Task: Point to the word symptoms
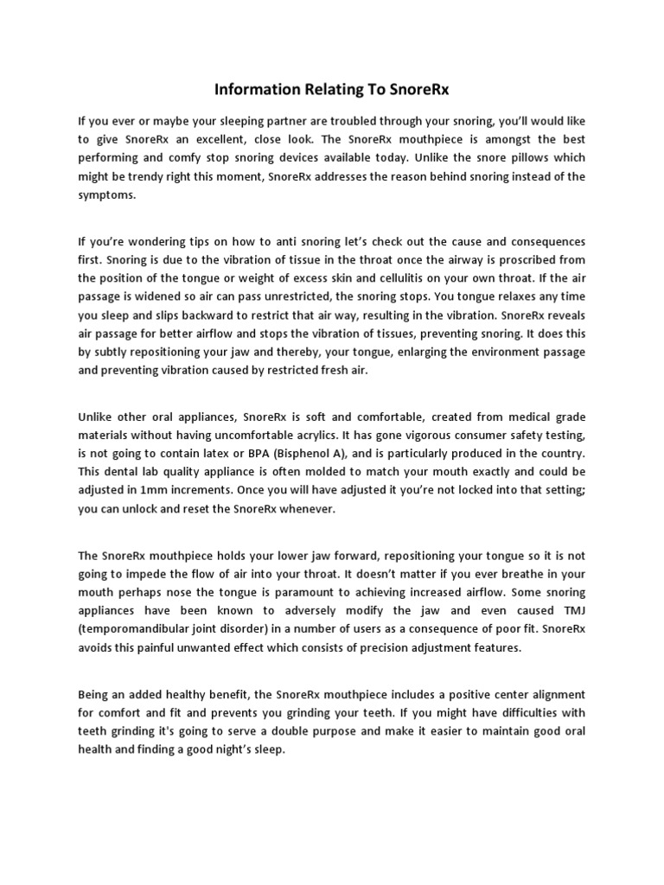click(107, 194)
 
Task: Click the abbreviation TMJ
click(569, 610)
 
